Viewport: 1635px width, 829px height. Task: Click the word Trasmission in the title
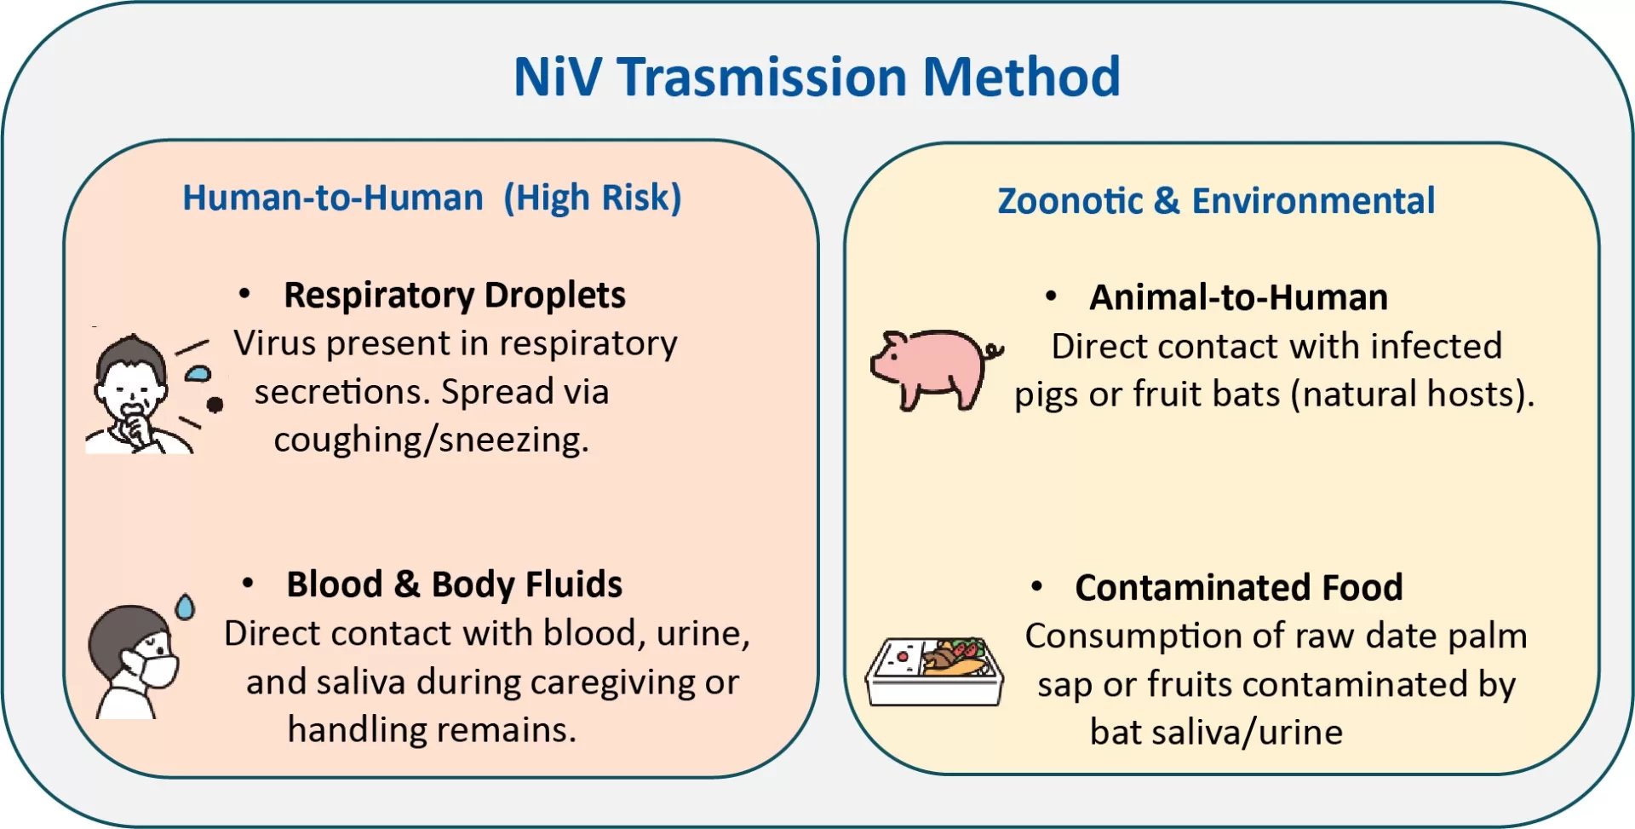[x=762, y=77]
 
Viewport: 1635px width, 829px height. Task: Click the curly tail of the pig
[x=994, y=350]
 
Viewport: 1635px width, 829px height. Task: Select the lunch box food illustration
[x=934, y=671]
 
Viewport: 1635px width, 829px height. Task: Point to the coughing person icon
[x=141, y=394]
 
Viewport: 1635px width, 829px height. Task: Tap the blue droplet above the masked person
[x=185, y=607]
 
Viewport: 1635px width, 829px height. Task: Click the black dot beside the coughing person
[x=215, y=405]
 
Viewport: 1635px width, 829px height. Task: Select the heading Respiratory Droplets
[x=455, y=296]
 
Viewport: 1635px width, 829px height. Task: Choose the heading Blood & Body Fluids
[x=455, y=584]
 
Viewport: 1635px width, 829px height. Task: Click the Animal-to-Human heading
[x=1239, y=297]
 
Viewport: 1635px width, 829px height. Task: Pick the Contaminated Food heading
[x=1239, y=587]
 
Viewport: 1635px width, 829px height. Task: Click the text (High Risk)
[x=593, y=199]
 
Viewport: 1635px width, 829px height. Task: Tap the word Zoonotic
[x=1070, y=201]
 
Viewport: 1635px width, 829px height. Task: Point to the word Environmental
[x=1313, y=201]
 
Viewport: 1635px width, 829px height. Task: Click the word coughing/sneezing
[x=431, y=440]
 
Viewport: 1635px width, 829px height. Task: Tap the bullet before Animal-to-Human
[x=1052, y=296]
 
